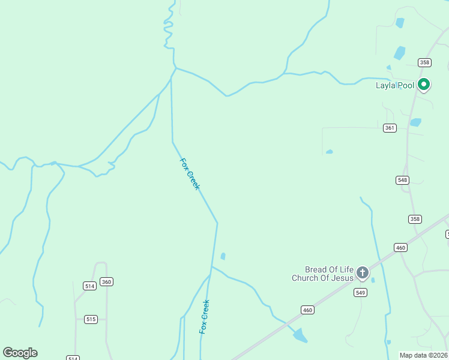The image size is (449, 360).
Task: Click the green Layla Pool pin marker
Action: tap(424, 85)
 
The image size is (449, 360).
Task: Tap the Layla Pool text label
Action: tap(395, 85)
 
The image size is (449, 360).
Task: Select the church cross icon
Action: tap(363, 273)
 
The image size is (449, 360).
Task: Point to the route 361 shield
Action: tap(390, 128)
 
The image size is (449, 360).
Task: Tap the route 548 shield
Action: tap(402, 180)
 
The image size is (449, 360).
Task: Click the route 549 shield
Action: tap(360, 292)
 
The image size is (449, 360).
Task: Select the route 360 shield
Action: tap(107, 281)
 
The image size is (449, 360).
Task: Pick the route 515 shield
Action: tap(91, 319)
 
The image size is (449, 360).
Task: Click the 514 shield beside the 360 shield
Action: tap(90, 286)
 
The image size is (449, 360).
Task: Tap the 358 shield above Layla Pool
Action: tap(425, 62)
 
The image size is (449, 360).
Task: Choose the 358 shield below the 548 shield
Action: tap(415, 219)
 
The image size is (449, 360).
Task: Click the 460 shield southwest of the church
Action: tap(307, 310)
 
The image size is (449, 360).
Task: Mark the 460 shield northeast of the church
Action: tap(400, 247)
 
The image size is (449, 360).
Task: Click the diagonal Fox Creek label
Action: tap(190, 174)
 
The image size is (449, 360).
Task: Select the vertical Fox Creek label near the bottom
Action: tap(205, 317)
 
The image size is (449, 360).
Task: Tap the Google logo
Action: tap(20, 353)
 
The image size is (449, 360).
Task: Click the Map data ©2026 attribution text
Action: tap(424, 355)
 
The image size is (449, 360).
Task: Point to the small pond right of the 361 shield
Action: tap(415, 122)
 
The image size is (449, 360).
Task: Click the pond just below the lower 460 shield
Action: tap(300, 335)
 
